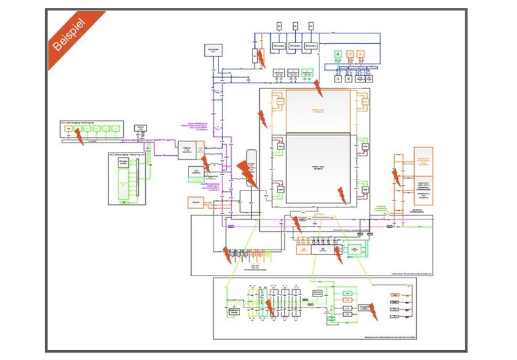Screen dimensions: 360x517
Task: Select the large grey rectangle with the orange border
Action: [x=318, y=111]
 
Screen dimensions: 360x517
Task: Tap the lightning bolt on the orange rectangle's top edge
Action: [x=317, y=86]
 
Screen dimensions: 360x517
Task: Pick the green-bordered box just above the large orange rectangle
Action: [x=308, y=73]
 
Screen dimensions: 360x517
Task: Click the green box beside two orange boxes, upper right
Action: [x=338, y=53]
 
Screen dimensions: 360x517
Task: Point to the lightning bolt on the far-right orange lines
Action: [x=395, y=176]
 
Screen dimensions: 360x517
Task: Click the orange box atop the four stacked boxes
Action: [x=396, y=296]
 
